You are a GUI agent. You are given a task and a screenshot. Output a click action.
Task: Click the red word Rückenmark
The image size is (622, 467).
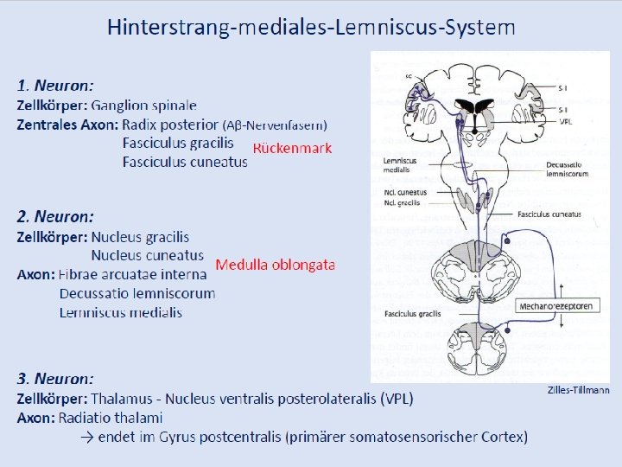click(x=292, y=148)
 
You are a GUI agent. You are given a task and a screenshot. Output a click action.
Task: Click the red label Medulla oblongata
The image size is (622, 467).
click(x=275, y=265)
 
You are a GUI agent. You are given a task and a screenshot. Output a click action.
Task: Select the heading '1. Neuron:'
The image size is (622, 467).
click(x=55, y=86)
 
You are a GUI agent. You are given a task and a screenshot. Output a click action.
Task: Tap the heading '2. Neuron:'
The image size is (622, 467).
click(x=55, y=216)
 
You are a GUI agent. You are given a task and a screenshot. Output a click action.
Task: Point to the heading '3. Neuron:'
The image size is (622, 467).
click(x=55, y=378)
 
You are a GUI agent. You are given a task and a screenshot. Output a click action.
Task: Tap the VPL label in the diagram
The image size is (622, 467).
click(x=566, y=122)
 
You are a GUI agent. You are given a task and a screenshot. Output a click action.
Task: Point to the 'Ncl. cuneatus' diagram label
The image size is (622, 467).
click(x=402, y=192)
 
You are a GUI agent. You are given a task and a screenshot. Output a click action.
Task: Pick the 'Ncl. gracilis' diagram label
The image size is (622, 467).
click(x=402, y=202)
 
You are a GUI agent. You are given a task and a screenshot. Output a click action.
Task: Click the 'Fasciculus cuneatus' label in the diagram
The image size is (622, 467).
click(x=549, y=214)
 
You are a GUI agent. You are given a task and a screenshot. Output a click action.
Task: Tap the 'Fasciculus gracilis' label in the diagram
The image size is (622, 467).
click(x=413, y=312)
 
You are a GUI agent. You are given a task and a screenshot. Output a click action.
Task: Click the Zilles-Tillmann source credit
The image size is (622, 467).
click(x=578, y=391)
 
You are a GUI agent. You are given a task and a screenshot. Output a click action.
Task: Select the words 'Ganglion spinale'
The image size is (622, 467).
click(x=144, y=106)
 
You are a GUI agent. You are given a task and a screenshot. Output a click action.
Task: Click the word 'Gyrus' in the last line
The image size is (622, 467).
click(x=177, y=437)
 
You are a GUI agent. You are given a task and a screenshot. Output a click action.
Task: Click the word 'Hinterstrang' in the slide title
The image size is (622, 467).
click(x=162, y=27)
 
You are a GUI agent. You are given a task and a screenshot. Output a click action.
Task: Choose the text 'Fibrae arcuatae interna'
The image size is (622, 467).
click(x=132, y=275)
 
